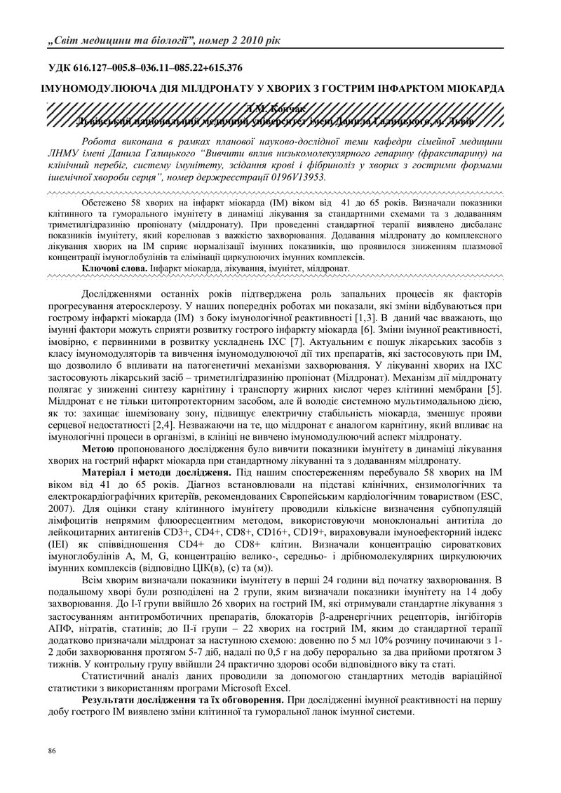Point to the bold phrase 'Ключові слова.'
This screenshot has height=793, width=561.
(110, 268)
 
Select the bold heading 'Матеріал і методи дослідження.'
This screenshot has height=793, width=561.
(157, 473)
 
